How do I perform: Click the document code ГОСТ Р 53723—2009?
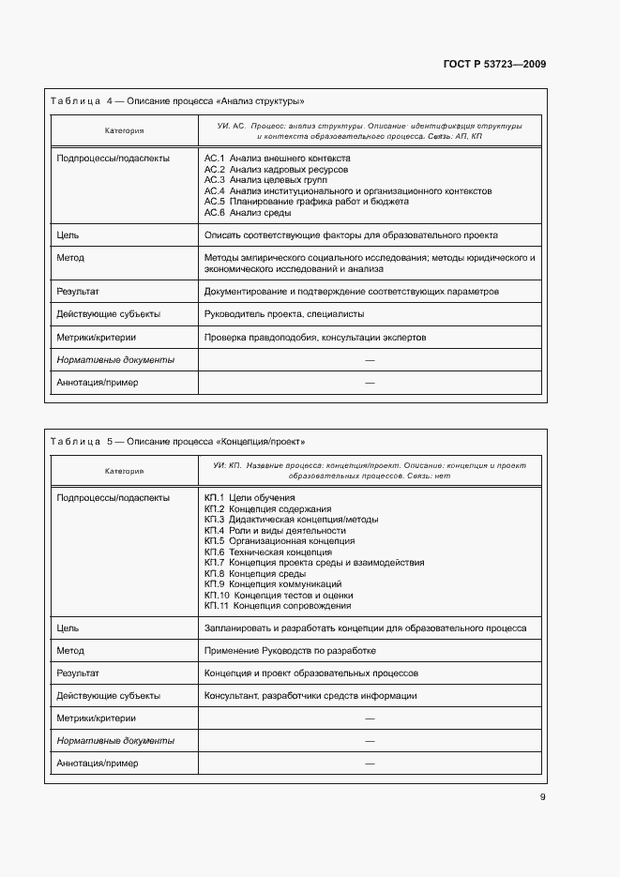pyautogui.click(x=493, y=64)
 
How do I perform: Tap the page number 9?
pyautogui.click(x=542, y=797)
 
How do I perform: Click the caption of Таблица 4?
pyautogui.click(x=178, y=100)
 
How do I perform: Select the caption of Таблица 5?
pyautogui.click(x=178, y=441)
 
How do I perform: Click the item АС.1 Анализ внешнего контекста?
pyautogui.click(x=277, y=159)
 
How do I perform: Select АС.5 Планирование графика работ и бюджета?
pyautogui.click(x=306, y=201)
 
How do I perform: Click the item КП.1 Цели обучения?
pyautogui.click(x=250, y=497)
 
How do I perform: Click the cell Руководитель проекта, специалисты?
pyautogui.click(x=284, y=314)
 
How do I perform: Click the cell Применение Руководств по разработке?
pyautogui.click(x=290, y=651)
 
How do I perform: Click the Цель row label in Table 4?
pyautogui.click(x=67, y=235)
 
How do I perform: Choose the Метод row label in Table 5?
pyautogui.click(x=70, y=651)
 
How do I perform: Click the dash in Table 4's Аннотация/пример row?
pyautogui.click(x=370, y=383)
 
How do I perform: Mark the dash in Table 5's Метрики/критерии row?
pyautogui.click(x=370, y=718)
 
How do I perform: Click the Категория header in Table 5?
pyautogui.click(x=124, y=471)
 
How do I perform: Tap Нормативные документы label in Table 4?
pyautogui.click(x=115, y=359)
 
